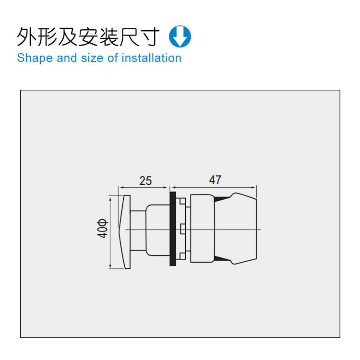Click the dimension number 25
[145, 180]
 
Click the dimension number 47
[215, 180]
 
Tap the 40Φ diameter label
[102, 228]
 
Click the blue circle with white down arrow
[180, 36]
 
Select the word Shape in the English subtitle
[35, 58]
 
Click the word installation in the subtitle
[152, 58]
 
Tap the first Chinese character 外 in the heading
[27, 36]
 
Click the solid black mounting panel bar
[173, 228]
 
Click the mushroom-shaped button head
[124, 232]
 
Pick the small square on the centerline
[183, 228]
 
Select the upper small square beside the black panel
[183, 201]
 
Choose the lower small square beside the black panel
[183, 256]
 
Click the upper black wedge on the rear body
[221, 199]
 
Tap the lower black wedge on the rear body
[221, 259]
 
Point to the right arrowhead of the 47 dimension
[254, 187]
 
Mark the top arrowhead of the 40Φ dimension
[110, 199]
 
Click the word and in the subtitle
[67, 58]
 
